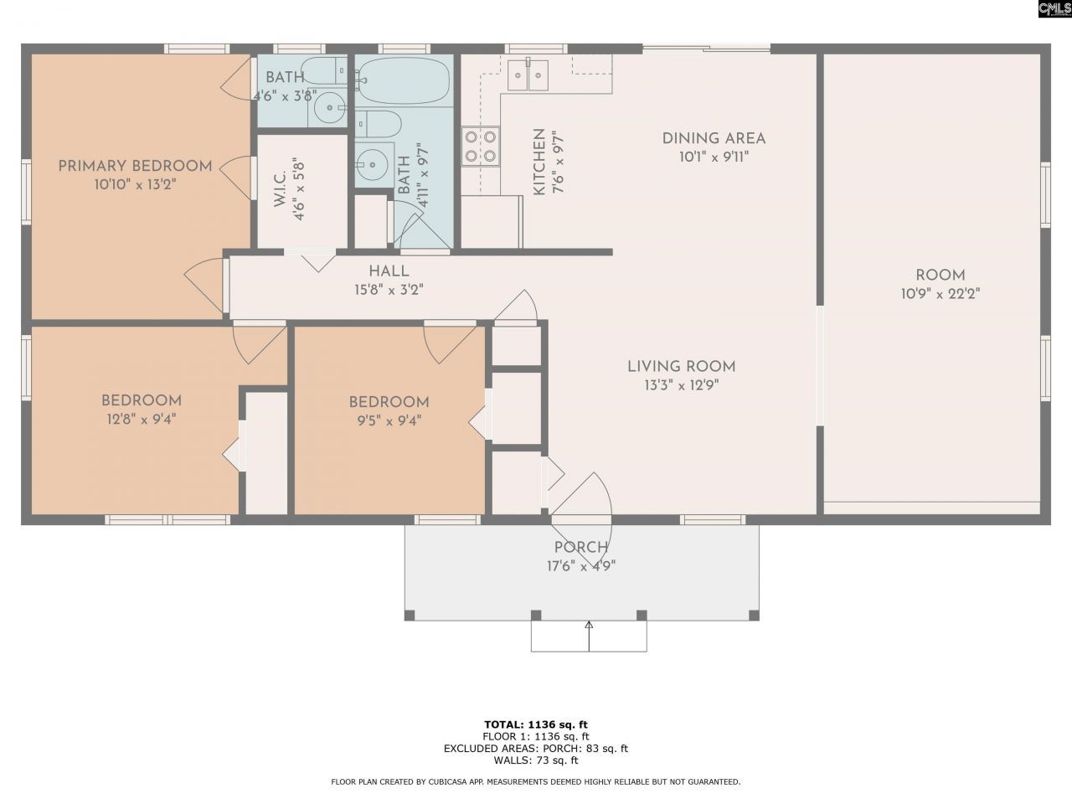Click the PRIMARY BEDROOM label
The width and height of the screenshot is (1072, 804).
click(135, 166)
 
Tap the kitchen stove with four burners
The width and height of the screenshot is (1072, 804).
click(481, 147)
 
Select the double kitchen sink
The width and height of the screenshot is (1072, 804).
click(527, 76)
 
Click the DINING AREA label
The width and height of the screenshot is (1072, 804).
click(714, 139)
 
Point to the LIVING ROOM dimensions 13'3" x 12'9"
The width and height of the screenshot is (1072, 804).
click(681, 385)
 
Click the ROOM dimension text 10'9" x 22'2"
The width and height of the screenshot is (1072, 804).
click(940, 294)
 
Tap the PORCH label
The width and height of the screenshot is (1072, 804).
click(581, 548)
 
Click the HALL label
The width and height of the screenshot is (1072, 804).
click(389, 271)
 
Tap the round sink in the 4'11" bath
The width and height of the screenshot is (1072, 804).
click(371, 161)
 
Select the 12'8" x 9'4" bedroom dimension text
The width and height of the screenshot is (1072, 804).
click(141, 420)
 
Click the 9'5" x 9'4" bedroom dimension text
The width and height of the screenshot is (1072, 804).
click(389, 420)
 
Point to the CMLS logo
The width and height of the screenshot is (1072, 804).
click(1054, 9)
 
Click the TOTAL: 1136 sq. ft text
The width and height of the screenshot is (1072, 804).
click(536, 724)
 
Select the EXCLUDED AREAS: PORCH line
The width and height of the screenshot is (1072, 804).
click(536, 749)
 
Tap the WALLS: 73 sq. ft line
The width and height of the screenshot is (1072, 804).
click(536, 760)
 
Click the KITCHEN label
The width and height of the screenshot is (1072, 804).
click(539, 162)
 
